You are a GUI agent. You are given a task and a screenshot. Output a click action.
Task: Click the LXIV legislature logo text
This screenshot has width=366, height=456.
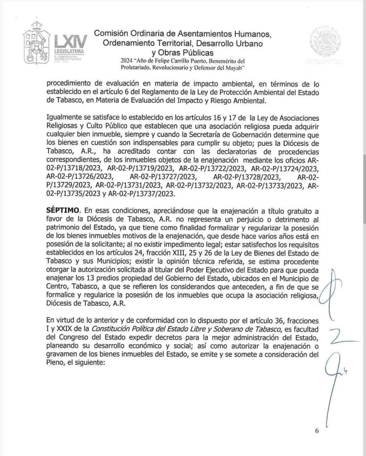click(68, 43)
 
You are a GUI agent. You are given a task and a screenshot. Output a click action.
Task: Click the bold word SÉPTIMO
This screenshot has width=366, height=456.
click(64, 210)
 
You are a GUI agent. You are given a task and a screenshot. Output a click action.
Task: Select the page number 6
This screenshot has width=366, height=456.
click(317, 431)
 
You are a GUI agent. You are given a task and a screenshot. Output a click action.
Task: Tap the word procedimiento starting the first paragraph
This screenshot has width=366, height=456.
click(70, 83)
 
